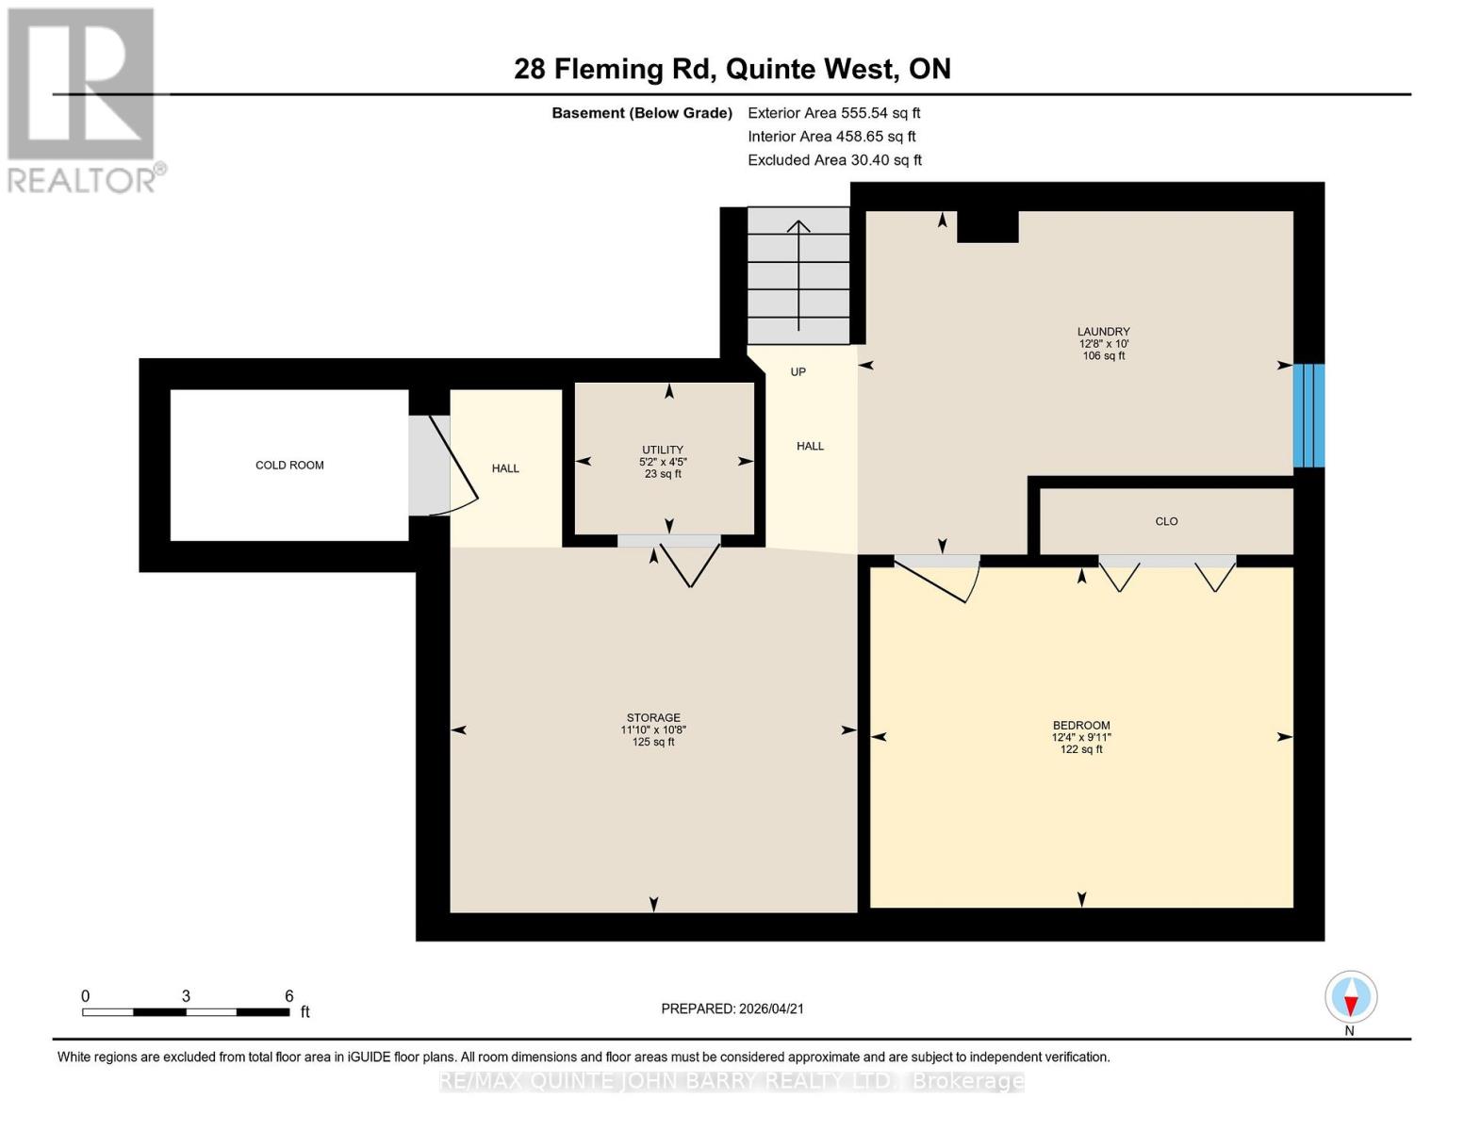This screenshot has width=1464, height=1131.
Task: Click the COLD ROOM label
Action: pos(289,466)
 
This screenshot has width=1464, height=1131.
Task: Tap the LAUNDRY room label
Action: pos(1103,332)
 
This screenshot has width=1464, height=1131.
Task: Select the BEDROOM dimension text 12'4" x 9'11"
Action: pos(1081,738)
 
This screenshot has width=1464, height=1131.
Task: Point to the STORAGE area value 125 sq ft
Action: pos(653,743)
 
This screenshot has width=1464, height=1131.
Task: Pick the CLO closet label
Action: pos(1166,521)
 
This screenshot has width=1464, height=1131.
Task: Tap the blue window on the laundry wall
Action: pos(1308,416)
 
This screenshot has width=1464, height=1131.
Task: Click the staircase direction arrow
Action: pos(798,273)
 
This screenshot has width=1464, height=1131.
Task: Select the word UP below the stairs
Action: pos(798,372)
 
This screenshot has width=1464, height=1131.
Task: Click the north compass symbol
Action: pos(1351,997)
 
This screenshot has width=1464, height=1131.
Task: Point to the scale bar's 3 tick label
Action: pos(186,996)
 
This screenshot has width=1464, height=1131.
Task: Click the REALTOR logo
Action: pos(83,99)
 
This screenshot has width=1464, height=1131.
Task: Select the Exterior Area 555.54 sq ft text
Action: pos(833,113)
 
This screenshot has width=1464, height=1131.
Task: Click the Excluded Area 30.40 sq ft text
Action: pos(834,160)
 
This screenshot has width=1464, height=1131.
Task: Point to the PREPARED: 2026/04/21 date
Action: pos(732,1008)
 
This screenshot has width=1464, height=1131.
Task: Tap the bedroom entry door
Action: pos(938,577)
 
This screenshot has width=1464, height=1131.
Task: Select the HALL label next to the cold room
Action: pos(505,468)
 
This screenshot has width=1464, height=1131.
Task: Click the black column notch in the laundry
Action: pos(987,227)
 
